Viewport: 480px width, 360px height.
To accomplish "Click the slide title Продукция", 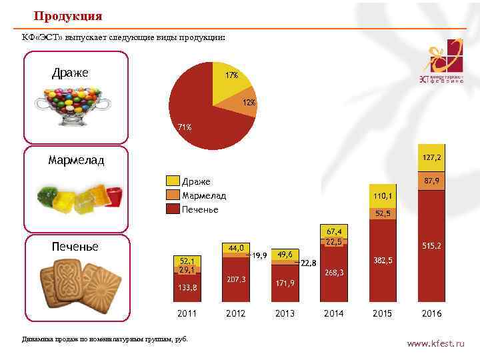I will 68,15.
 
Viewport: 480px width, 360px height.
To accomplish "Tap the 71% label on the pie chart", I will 184,127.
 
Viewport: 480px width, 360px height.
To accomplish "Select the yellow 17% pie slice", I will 230,83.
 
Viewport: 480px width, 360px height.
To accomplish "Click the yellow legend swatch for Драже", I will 173,181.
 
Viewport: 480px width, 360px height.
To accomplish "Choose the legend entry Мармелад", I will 204,195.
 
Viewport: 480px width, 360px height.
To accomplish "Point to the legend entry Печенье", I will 200,209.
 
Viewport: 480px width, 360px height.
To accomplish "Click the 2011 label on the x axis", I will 187,313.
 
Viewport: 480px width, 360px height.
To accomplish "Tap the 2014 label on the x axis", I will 333,313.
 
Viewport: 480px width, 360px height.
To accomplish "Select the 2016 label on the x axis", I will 431,313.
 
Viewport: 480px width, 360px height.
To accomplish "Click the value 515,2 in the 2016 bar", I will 431,246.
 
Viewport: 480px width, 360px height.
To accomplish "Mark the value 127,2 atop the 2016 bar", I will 431,157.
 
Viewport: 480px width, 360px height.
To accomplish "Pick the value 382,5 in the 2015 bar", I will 383,259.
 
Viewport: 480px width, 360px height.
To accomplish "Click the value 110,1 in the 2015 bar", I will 383,196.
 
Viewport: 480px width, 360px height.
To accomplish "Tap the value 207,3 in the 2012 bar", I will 236,279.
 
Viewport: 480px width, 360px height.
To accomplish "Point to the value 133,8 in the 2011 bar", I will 187,288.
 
